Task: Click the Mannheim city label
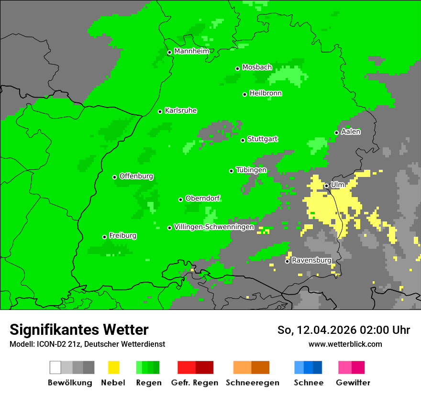coord(191,51)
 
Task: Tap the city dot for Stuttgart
coord(243,140)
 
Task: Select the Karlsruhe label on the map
coord(180,110)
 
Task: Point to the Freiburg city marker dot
coord(104,237)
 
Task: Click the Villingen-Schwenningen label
coord(214,227)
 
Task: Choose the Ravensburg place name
coord(311,260)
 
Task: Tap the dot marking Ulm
coord(326,186)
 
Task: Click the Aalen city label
coord(351,132)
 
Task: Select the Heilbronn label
coord(266,93)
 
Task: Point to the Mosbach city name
coord(257,67)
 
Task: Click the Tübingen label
coord(251,170)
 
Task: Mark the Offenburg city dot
coord(115,177)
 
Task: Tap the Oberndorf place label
coord(203,198)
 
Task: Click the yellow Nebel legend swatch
coord(113,367)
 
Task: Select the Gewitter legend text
coord(353,383)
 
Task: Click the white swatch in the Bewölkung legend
coord(55,367)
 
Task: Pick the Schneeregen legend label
coord(253,383)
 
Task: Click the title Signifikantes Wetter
coord(79,330)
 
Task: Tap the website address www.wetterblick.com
coord(345,344)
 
